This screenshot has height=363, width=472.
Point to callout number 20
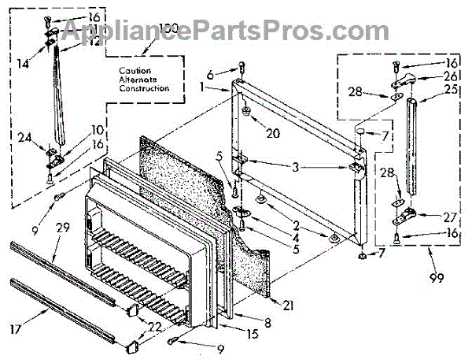pos(273,133)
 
